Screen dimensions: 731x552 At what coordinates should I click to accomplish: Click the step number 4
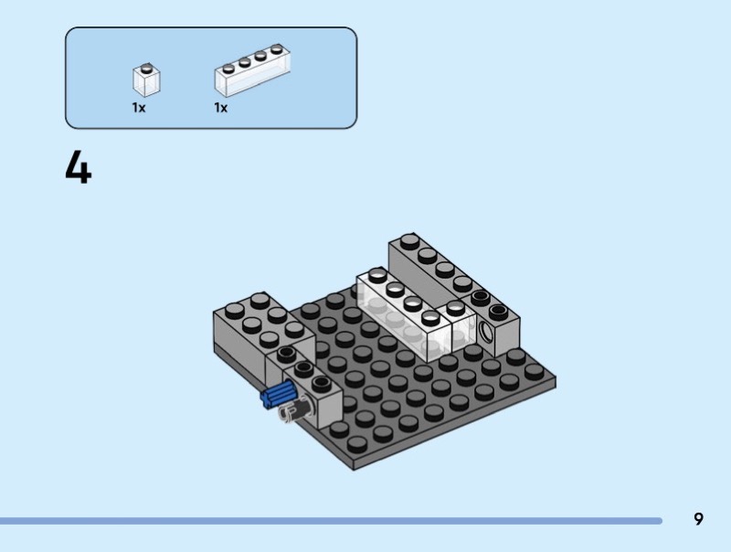pos(79,168)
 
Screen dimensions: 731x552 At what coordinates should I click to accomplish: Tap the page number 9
pos(698,519)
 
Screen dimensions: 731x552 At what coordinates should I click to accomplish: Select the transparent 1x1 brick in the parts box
pos(146,80)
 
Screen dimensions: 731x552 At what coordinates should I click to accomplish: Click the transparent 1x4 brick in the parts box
pos(252,70)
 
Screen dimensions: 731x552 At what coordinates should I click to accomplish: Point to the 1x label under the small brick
pos(139,108)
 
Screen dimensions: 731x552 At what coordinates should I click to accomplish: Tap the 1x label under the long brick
pos(220,108)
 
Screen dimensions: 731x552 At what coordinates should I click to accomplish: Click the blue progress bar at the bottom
pos(331,521)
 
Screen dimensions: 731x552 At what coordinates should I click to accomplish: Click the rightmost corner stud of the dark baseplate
pos(534,372)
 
